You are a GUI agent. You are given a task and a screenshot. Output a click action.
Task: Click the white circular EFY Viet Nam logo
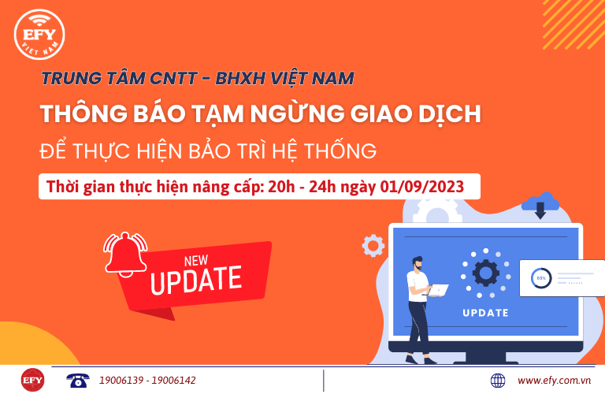tap(39, 35)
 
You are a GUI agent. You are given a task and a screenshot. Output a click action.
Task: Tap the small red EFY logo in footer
tap(32, 380)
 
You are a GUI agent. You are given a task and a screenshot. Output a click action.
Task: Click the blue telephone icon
tap(77, 380)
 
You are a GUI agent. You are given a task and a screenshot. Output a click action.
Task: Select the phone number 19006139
tap(121, 381)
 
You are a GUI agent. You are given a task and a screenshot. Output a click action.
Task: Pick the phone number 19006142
tap(173, 381)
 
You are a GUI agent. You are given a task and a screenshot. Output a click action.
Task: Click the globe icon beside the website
tap(498, 381)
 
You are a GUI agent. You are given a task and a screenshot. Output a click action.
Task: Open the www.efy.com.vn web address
tap(554, 381)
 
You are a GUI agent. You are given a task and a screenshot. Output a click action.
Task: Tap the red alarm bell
tap(125, 254)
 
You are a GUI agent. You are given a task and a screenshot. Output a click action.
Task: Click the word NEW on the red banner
tap(196, 261)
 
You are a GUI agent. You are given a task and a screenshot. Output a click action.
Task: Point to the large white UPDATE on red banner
tap(196, 281)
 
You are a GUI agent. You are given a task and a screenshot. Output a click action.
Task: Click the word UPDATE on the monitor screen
tap(485, 313)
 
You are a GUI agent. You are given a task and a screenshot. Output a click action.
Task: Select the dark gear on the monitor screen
tap(486, 273)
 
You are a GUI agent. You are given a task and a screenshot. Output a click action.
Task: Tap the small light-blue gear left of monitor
tap(373, 245)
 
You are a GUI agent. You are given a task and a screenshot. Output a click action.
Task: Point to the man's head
tap(418, 263)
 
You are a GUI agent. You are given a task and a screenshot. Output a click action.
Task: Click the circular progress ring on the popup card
tap(541, 278)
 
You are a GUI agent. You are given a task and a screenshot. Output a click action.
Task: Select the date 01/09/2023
tap(422, 187)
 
